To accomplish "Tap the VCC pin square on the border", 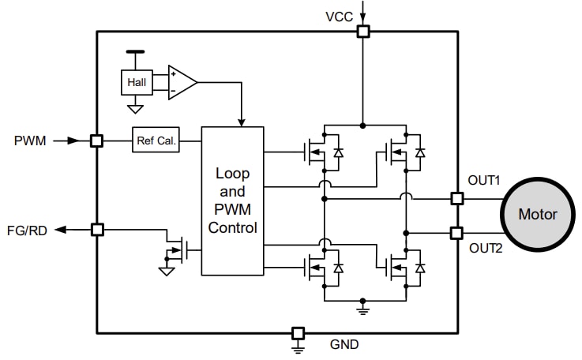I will coord(362,32).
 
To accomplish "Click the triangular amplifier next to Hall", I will coord(182,82).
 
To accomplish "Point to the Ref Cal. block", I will coord(156,141).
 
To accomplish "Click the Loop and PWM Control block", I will coord(232,201).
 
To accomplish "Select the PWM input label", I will coord(30,141).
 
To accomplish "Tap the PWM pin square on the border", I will coord(96,141).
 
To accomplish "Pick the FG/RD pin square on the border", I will coord(97,230).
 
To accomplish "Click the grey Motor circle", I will coord(537,214).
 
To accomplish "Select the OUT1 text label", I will coord(484,180).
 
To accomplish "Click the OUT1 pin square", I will coord(456,198).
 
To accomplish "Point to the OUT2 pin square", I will coord(456,233).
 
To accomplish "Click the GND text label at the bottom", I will coord(345,344).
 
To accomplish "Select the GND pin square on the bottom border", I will coord(298,333).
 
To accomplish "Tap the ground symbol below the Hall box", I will coord(135,108).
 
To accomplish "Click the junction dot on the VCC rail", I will coord(362,125).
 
